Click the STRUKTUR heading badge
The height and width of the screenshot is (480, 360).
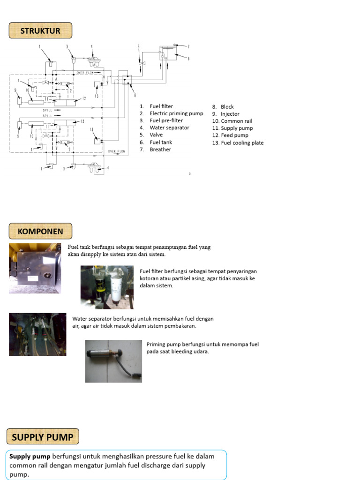point(40,31)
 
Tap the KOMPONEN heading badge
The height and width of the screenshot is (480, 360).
point(40,231)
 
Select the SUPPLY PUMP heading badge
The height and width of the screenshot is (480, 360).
point(43,437)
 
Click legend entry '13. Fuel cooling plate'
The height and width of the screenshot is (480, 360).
point(238,143)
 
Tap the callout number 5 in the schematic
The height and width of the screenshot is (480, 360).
point(139,46)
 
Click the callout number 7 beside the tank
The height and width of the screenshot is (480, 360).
point(188,46)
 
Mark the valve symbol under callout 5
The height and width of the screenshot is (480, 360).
point(142,63)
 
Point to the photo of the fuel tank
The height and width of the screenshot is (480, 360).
point(35,269)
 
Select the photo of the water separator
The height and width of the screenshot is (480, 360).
point(37,334)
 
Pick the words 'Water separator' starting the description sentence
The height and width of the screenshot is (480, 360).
point(91,319)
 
